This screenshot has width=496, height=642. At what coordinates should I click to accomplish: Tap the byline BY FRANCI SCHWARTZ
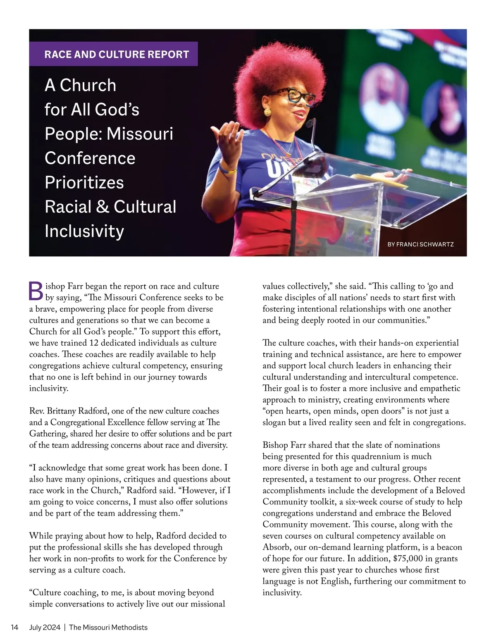pyautogui.click(x=420, y=244)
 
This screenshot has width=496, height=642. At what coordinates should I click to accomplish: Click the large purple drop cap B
pyautogui.click(x=36, y=291)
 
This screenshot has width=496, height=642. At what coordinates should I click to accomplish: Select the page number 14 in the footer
pyautogui.click(x=14, y=627)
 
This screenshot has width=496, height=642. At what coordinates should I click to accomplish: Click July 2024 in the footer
pyautogui.click(x=45, y=627)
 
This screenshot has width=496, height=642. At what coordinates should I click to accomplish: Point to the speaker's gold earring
pyautogui.click(x=267, y=112)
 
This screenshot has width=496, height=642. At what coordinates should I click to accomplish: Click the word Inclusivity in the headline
pyautogui.click(x=84, y=231)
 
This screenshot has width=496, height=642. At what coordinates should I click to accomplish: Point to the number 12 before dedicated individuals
pyautogui.click(x=94, y=343)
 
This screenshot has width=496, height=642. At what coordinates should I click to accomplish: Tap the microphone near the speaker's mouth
pyautogui.click(x=310, y=123)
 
